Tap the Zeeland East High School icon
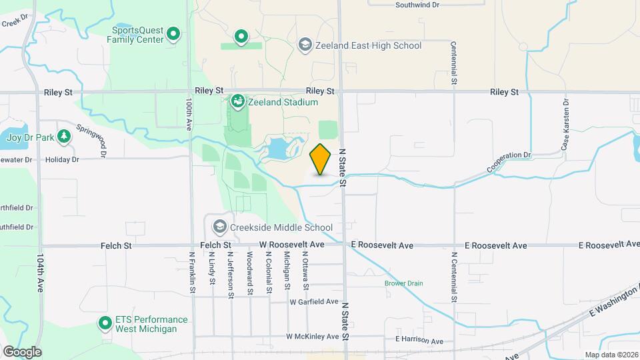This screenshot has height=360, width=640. pyautogui.click(x=305, y=45)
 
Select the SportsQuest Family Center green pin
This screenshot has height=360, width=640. pyautogui.click(x=173, y=33)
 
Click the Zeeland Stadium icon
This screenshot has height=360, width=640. pyautogui.click(x=237, y=102)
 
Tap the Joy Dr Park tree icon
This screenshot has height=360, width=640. pyautogui.click(x=64, y=137)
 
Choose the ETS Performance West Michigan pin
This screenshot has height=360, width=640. pyautogui.click(x=105, y=324)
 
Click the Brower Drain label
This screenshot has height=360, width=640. pyautogui.click(x=403, y=283)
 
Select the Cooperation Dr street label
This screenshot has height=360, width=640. pyautogui.click(x=508, y=163)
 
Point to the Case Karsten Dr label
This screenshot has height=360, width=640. pyautogui.click(x=565, y=125)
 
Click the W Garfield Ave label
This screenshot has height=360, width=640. pyautogui.click(x=314, y=301)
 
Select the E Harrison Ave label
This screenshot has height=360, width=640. pyautogui.click(x=419, y=341)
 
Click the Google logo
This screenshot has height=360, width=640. pyautogui.click(x=22, y=351)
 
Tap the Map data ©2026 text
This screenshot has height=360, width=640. pyautogui.click(x=611, y=355)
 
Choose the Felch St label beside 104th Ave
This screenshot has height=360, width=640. pyautogui.click(x=117, y=245)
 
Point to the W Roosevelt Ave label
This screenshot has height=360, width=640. pyautogui.click(x=292, y=245)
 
